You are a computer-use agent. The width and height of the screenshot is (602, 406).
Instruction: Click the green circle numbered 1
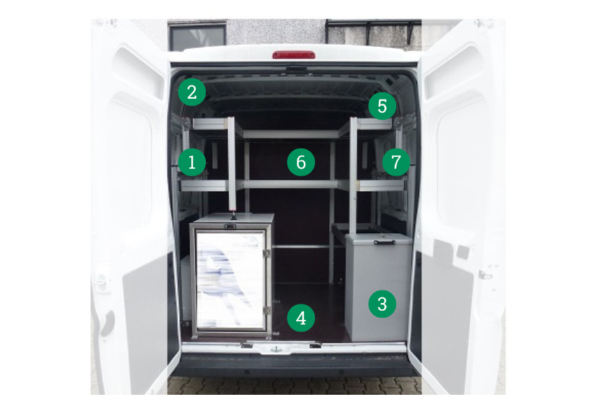[192, 162]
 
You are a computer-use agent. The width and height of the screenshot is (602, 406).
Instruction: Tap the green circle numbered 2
[192, 92]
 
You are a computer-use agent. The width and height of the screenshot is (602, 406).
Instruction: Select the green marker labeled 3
[382, 304]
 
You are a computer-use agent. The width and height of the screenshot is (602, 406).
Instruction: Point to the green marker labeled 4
[301, 318]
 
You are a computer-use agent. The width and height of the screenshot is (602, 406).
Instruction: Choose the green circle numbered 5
[382, 106]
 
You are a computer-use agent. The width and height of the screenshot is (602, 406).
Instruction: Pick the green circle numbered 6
[301, 162]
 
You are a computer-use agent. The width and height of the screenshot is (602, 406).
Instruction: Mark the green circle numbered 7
[396, 162]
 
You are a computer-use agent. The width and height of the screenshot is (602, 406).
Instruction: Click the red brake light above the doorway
[294, 55]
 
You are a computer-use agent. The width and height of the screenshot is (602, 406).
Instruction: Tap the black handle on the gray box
[385, 242]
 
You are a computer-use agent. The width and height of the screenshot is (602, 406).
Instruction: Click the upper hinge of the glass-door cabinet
[267, 253]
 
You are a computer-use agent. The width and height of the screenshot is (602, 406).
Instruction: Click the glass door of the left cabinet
[231, 279]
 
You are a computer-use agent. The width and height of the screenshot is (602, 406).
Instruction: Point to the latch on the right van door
[485, 274]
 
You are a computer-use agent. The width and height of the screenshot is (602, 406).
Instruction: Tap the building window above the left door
[197, 36]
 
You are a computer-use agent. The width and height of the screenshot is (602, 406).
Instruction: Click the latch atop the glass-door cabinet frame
[230, 226]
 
